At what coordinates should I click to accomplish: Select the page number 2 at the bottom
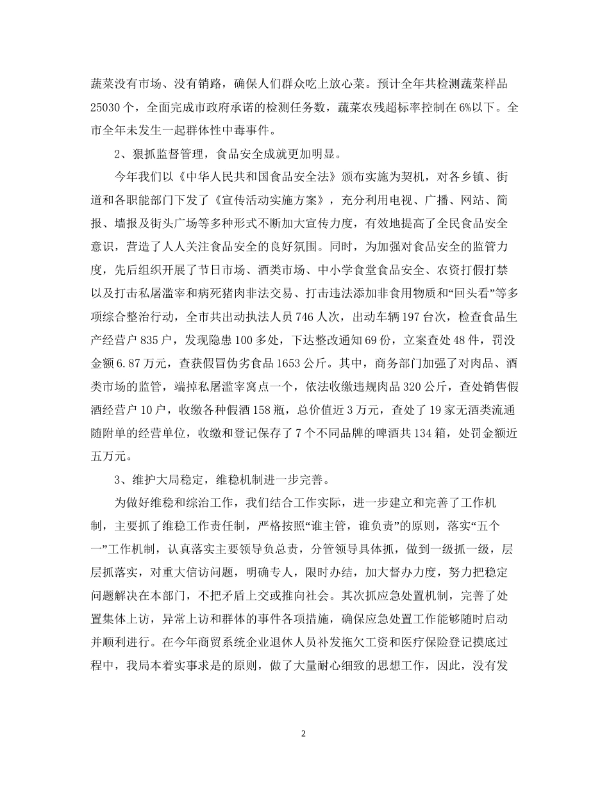pyautogui.click(x=304, y=734)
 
